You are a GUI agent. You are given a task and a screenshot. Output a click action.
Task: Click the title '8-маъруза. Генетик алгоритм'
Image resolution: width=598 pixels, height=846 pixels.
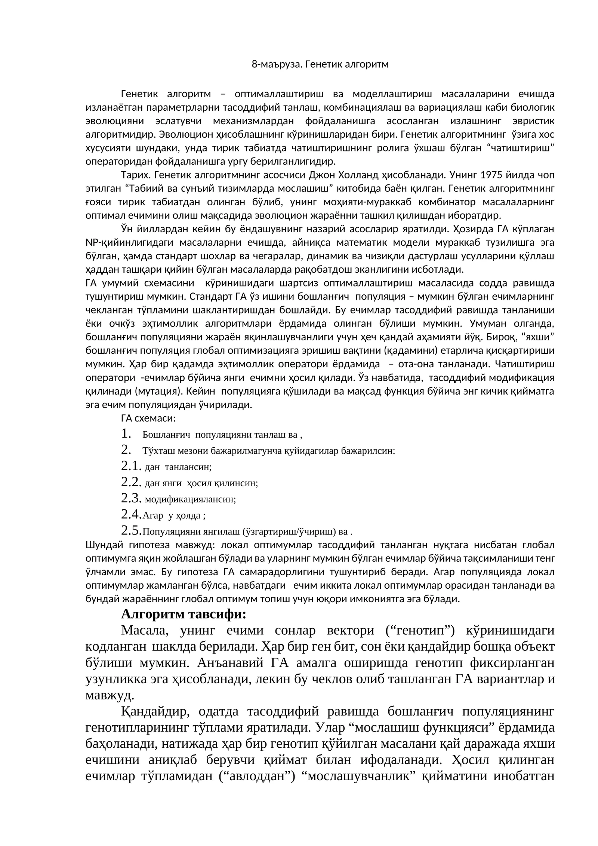320,64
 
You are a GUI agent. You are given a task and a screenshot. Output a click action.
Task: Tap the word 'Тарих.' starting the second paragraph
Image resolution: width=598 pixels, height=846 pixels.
135,175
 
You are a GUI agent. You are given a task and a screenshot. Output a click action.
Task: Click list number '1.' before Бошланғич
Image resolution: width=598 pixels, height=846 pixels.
126,434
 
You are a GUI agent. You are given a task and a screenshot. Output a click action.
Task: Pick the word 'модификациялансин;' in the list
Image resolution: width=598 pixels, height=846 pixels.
190,499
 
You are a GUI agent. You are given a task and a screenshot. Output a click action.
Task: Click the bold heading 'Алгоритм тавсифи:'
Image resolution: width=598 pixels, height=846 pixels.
184,614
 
